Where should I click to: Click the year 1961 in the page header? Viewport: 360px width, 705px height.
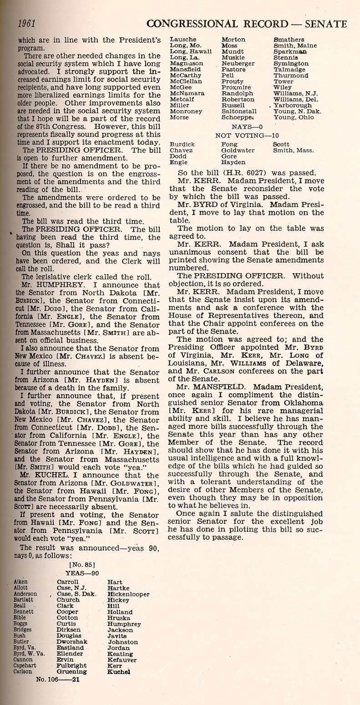(x=26, y=23)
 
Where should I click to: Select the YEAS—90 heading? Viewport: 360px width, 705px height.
(x=82, y=573)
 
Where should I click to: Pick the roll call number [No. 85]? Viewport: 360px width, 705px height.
(x=81, y=565)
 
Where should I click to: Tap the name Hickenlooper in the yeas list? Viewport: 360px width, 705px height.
(x=128, y=594)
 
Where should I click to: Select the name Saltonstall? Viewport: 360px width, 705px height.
(x=239, y=111)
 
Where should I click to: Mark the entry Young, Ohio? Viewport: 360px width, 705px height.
(x=294, y=117)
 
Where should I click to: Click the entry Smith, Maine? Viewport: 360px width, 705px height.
(x=295, y=46)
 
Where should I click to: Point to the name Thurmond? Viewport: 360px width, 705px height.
(x=291, y=76)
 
